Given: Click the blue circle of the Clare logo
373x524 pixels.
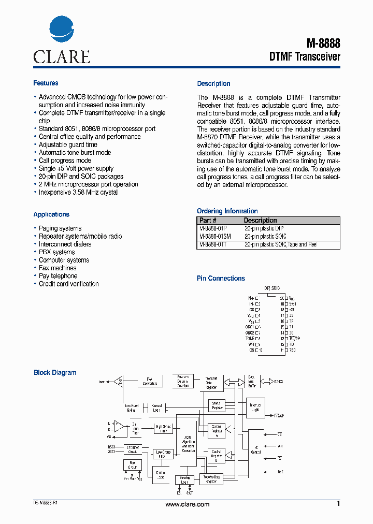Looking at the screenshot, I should [x=62, y=31].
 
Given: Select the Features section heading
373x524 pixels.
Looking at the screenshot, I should [x=46, y=83].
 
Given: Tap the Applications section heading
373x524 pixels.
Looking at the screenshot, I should [x=51, y=214].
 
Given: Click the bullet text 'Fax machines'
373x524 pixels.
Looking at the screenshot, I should [x=58, y=268].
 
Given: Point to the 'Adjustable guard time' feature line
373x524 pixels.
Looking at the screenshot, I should [x=68, y=145].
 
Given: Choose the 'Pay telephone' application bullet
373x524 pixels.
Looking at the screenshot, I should [x=58, y=276].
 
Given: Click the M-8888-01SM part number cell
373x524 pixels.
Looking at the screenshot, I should [x=215, y=236].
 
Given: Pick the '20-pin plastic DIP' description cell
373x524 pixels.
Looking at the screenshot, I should [x=264, y=228].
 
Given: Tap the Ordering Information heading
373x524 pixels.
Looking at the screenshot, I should [x=227, y=211].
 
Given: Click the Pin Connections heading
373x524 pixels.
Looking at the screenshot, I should [x=221, y=279].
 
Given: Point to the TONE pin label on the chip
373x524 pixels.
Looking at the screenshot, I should [x=250, y=338].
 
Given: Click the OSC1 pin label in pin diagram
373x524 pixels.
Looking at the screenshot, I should [x=250, y=327].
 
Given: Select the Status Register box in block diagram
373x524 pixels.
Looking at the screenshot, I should [x=216, y=405].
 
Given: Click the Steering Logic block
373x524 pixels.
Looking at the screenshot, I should [x=184, y=480].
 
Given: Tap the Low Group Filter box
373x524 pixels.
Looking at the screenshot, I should [x=163, y=455].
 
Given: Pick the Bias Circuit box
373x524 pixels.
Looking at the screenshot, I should [x=133, y=465].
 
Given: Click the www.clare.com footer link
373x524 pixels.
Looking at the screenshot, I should [x=187, y=504].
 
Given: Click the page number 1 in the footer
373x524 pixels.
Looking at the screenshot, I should [x=338, y=504].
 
